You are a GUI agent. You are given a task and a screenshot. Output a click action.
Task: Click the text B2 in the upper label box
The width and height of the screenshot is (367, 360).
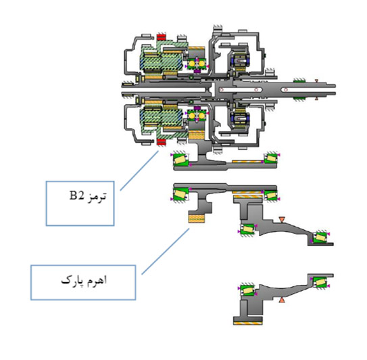(x=76, y=196)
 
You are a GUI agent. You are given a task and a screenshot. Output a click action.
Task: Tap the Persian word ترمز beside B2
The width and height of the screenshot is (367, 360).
(x=97, y=196)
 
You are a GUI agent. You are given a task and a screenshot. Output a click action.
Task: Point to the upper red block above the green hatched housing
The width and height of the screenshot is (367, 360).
(x=162, y=37)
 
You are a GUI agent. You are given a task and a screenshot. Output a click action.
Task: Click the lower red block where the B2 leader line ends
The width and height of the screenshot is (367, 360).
(x=162, y=142)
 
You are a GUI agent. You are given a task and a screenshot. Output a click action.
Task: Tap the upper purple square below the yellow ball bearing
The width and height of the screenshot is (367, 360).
(x=197, y=70)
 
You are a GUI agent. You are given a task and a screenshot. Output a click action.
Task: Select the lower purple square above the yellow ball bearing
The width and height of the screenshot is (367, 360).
(x=197, y=108)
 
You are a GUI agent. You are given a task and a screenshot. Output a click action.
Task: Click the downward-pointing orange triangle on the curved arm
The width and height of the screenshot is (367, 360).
(x=282, y=220)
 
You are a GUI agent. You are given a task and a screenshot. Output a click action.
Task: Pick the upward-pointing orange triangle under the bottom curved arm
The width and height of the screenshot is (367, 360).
(x=282, y=300)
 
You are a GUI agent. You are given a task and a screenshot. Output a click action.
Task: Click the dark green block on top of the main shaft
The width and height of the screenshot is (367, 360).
(x=299, y=81)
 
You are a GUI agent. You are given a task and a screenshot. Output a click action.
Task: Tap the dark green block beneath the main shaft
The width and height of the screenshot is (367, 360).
(x=299, y=98)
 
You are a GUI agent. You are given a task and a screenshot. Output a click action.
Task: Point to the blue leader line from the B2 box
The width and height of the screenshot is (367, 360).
(x=139, y=171)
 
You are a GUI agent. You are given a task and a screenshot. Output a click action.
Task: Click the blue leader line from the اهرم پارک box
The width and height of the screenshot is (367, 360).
(x=166, y=252)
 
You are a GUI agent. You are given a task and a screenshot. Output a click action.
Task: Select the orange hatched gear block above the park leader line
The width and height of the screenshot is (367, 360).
(x=197, y=219)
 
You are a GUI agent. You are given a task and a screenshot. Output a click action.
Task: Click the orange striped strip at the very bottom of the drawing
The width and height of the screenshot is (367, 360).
(x=247, y=323)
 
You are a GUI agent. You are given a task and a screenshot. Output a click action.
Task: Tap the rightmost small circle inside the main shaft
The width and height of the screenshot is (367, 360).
(x=285, y=89)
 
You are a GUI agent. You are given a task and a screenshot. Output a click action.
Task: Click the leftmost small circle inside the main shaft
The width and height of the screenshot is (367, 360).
(x=221, y=89)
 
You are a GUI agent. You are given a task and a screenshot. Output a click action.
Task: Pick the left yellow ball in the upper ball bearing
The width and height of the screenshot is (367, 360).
(x=192, y=64)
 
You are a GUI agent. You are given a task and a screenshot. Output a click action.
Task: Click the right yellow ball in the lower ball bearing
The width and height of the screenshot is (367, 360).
(x=202, y=116)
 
